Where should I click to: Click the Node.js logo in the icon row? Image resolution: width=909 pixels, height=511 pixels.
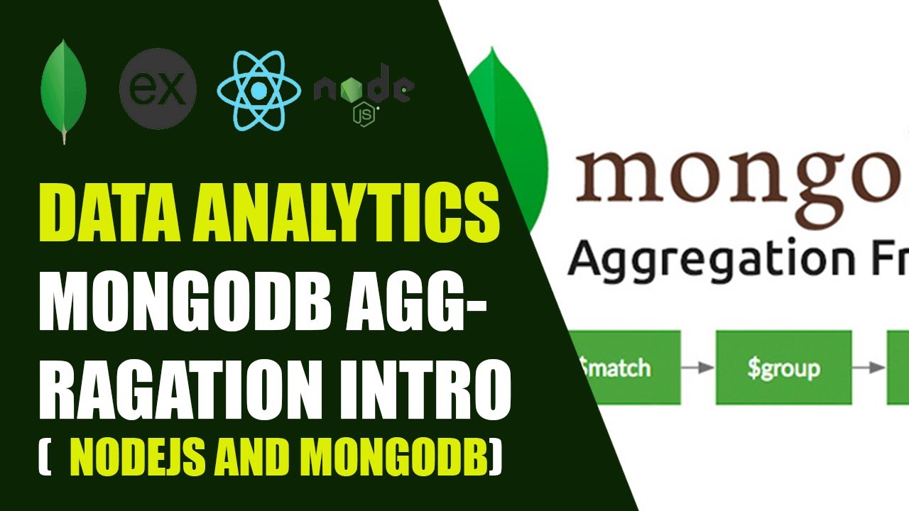[x=364, y=91]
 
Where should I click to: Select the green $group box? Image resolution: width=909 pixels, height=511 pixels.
[x=783, y=368]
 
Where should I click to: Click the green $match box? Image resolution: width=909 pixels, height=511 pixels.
[x=625, y=368]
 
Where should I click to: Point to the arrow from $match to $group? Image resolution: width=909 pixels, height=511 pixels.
[x=697, y=368]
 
